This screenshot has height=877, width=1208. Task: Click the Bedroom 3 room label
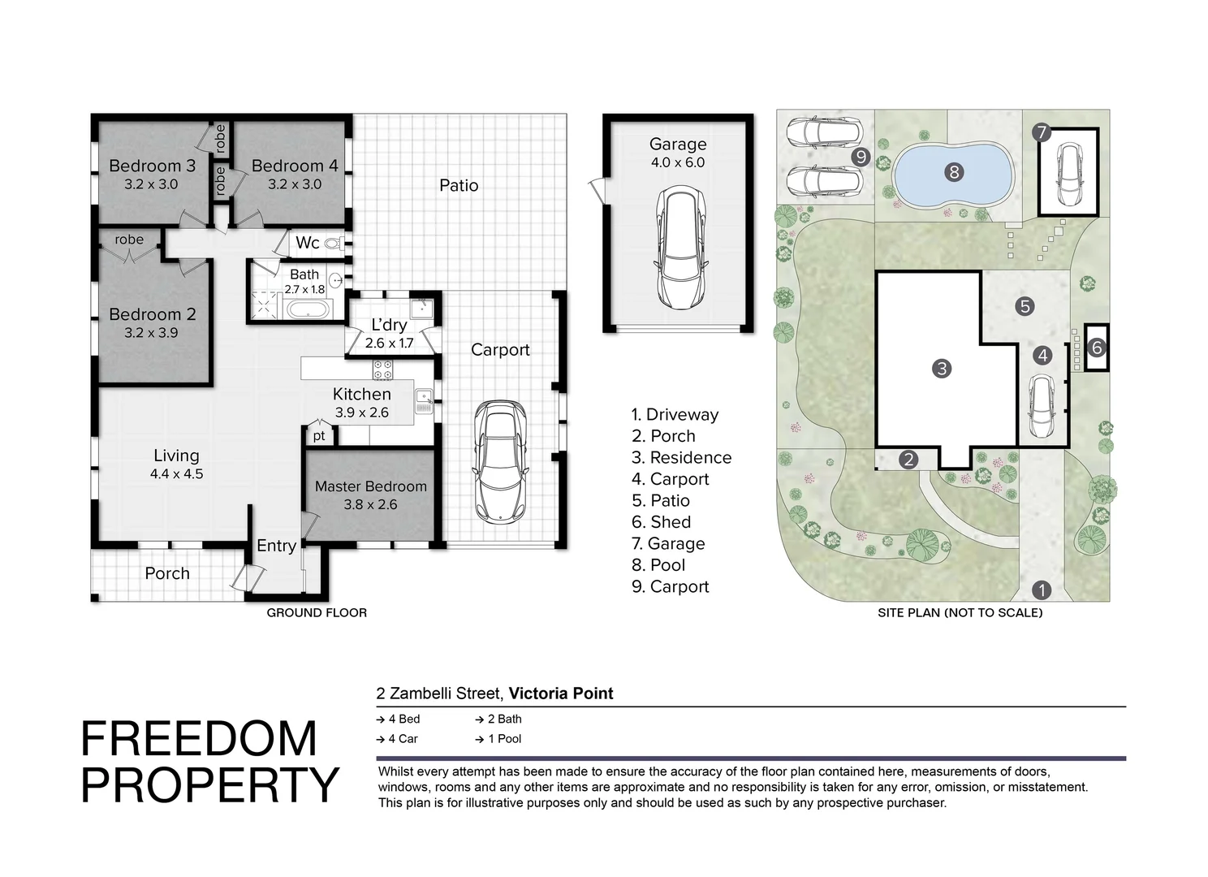[x=152, y=166]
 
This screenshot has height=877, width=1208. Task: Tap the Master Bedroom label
[x=370, y=486]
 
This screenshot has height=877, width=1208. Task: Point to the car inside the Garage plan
[x=678, y=248]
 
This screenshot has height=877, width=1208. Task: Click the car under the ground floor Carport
[x=500, y=461]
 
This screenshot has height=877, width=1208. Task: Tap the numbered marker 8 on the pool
[x=954, y=171]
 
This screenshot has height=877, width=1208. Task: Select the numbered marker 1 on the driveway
[x=1041, y=590]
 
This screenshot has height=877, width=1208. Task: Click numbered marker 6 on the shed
[x=1097, y=348]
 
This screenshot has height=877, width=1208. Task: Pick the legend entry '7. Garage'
[x=668, y=543]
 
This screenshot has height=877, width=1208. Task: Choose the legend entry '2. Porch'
[x=663, y=436]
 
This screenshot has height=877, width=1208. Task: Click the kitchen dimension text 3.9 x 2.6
[x=362, y=413]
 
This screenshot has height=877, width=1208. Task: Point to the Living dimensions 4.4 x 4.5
[x=176, y=473]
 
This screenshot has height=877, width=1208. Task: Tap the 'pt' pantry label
[x=319, y=436]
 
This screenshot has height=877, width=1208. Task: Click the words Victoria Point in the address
[x=561, y=693]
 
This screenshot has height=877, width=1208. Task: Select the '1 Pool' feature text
[x=503, y=739]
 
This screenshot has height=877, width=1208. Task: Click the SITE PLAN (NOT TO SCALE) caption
[x=960, y=612]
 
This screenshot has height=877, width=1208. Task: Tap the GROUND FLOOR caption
[x=317, y=612]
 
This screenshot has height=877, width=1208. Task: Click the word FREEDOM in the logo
[x=199, y=739]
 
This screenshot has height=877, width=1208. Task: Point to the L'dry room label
[x=389, y=325]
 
